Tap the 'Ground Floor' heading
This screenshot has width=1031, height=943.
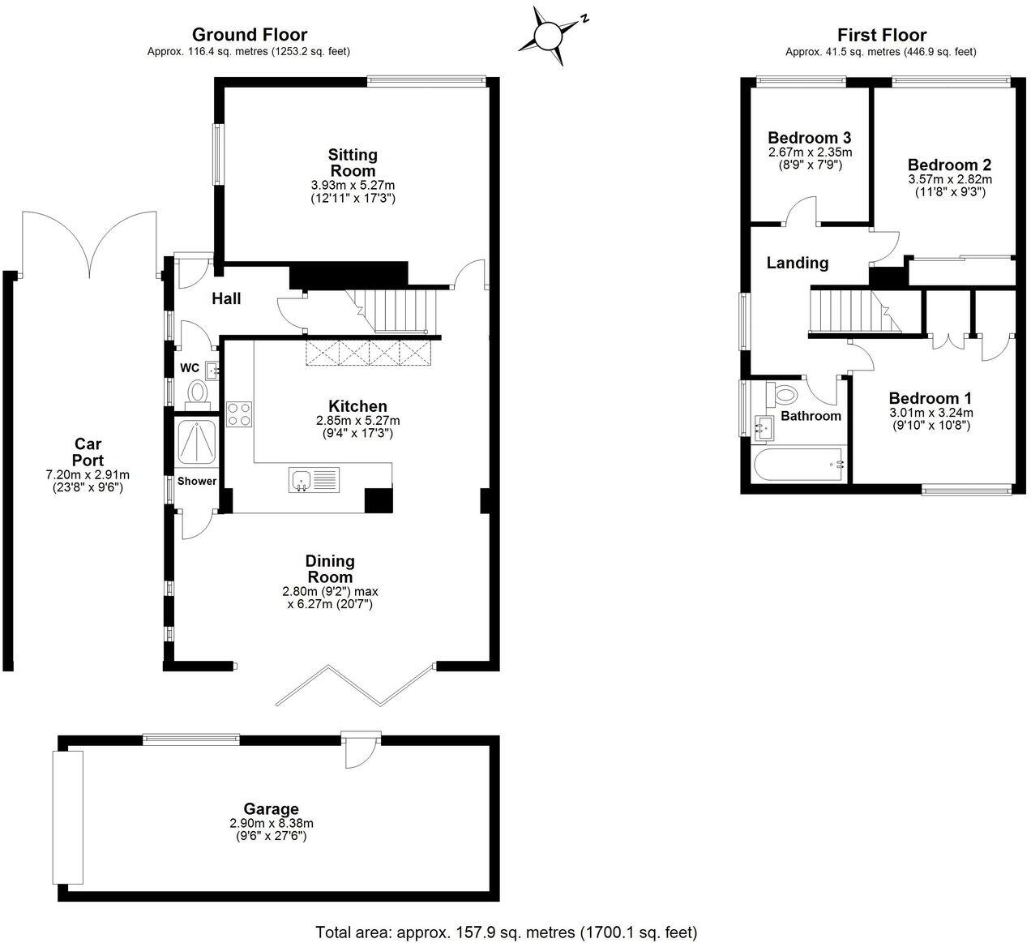coord(249,35)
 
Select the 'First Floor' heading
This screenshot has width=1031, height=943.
coord(881,35)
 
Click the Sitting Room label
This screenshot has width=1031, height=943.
coord(353,163)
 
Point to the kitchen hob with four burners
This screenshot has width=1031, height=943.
coord(240,414)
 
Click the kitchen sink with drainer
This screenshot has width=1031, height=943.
coord(313,480)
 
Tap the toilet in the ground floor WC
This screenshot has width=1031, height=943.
coord(197,394)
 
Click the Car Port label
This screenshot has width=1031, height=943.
coord(88,452)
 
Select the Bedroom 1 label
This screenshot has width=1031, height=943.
coord(930,398)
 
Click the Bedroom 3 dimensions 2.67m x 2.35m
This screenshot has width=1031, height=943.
coord(810,152)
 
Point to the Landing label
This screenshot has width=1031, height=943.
coord(798,263)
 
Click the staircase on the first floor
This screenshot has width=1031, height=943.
coord(847,311)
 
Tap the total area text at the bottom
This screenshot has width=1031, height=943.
coord(505,932)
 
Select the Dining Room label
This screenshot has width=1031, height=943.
coord(330,569)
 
